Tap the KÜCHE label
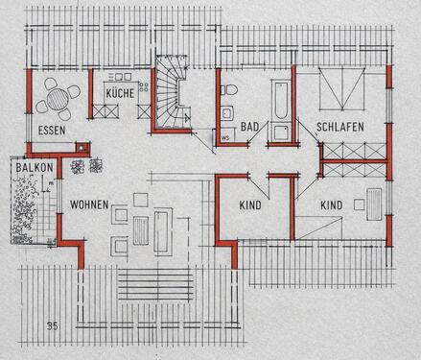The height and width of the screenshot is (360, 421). tap(120, 93)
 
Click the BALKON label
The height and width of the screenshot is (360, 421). tap(33, 168)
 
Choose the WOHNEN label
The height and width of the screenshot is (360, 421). tap(88, 205)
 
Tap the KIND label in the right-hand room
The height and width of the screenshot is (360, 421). tap(331, 205)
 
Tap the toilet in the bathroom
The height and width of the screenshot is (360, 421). tap(229, 90)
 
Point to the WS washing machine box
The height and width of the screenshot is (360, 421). tap(226, 135)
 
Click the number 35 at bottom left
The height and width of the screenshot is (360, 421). tap(51, 327)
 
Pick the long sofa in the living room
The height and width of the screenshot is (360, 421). tap(162, 231)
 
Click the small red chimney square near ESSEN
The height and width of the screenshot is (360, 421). tap(83, 148)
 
